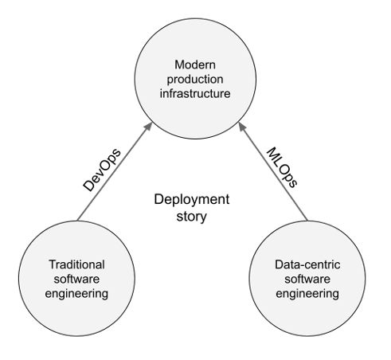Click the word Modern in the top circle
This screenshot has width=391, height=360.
195,65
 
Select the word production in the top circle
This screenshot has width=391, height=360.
195,80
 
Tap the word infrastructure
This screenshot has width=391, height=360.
195,93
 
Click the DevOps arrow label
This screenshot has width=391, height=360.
102,170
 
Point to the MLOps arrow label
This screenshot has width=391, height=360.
282,168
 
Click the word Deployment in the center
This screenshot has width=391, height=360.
192,199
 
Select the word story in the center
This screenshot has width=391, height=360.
192,217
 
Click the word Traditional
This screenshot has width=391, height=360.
76,264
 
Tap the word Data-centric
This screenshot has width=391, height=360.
307,264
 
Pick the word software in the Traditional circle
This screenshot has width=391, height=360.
76,279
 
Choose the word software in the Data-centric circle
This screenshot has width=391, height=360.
307,279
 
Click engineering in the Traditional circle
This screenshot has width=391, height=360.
76,294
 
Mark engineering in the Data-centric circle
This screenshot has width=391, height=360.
307,294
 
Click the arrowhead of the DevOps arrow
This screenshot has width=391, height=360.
149,126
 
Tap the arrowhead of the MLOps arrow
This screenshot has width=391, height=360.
242,126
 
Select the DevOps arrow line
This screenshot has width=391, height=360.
115,171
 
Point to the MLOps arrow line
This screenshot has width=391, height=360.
273,171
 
